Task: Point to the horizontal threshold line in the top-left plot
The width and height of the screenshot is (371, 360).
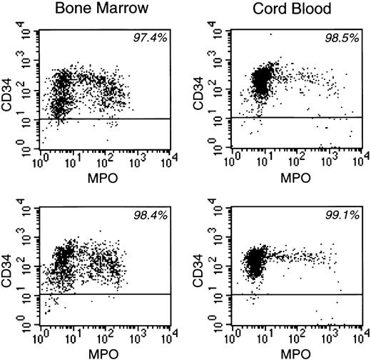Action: [107, 119]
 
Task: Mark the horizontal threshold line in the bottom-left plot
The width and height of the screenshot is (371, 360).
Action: [107, 294]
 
